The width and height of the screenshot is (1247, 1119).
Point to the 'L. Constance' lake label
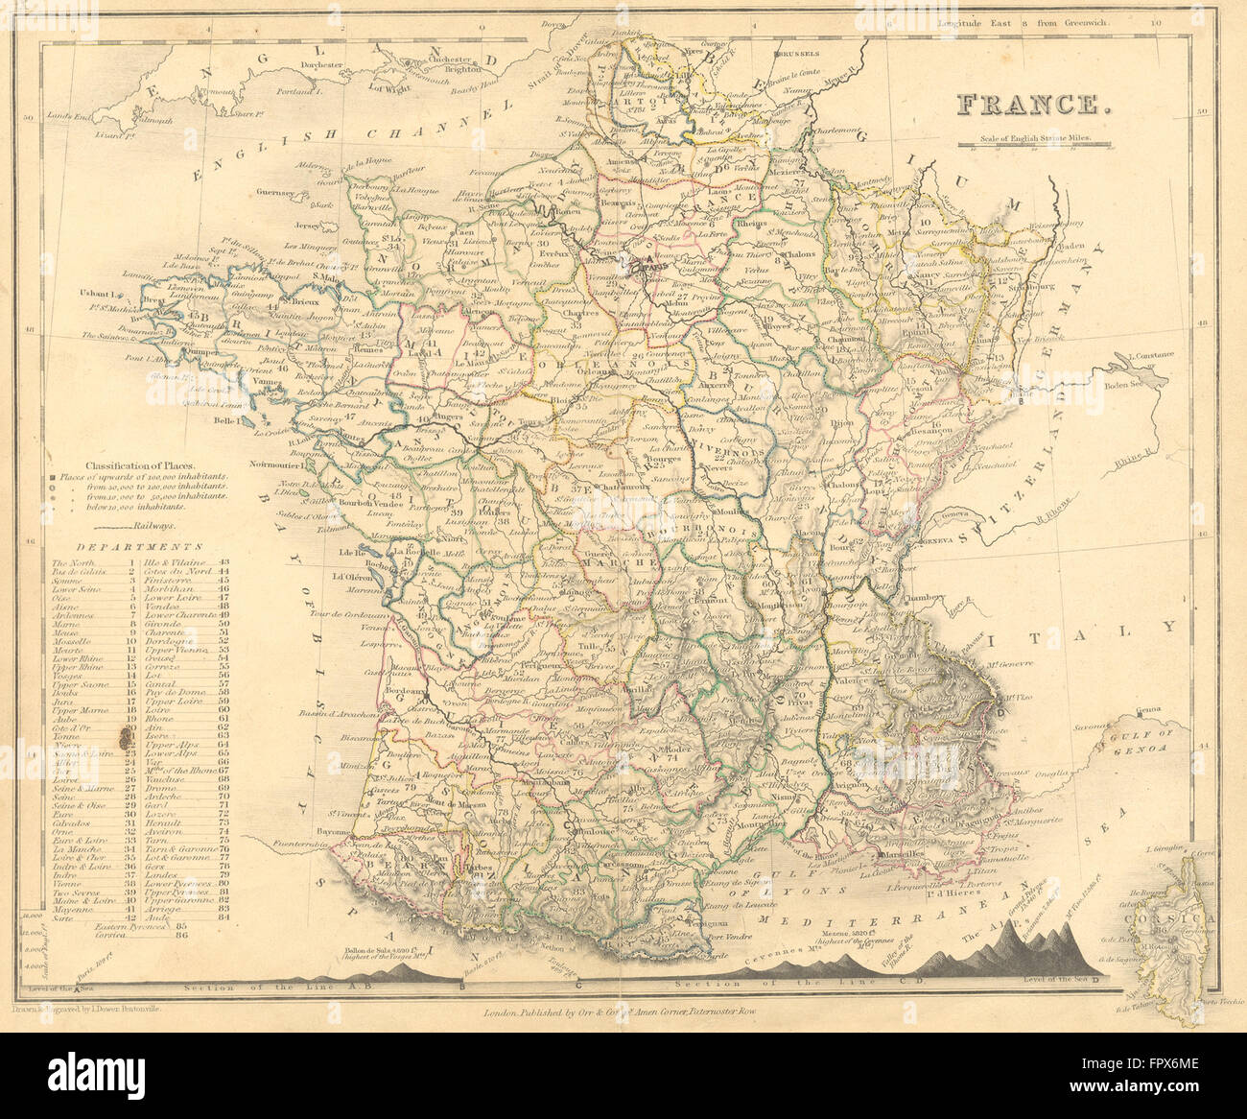tap(1150, 354)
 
